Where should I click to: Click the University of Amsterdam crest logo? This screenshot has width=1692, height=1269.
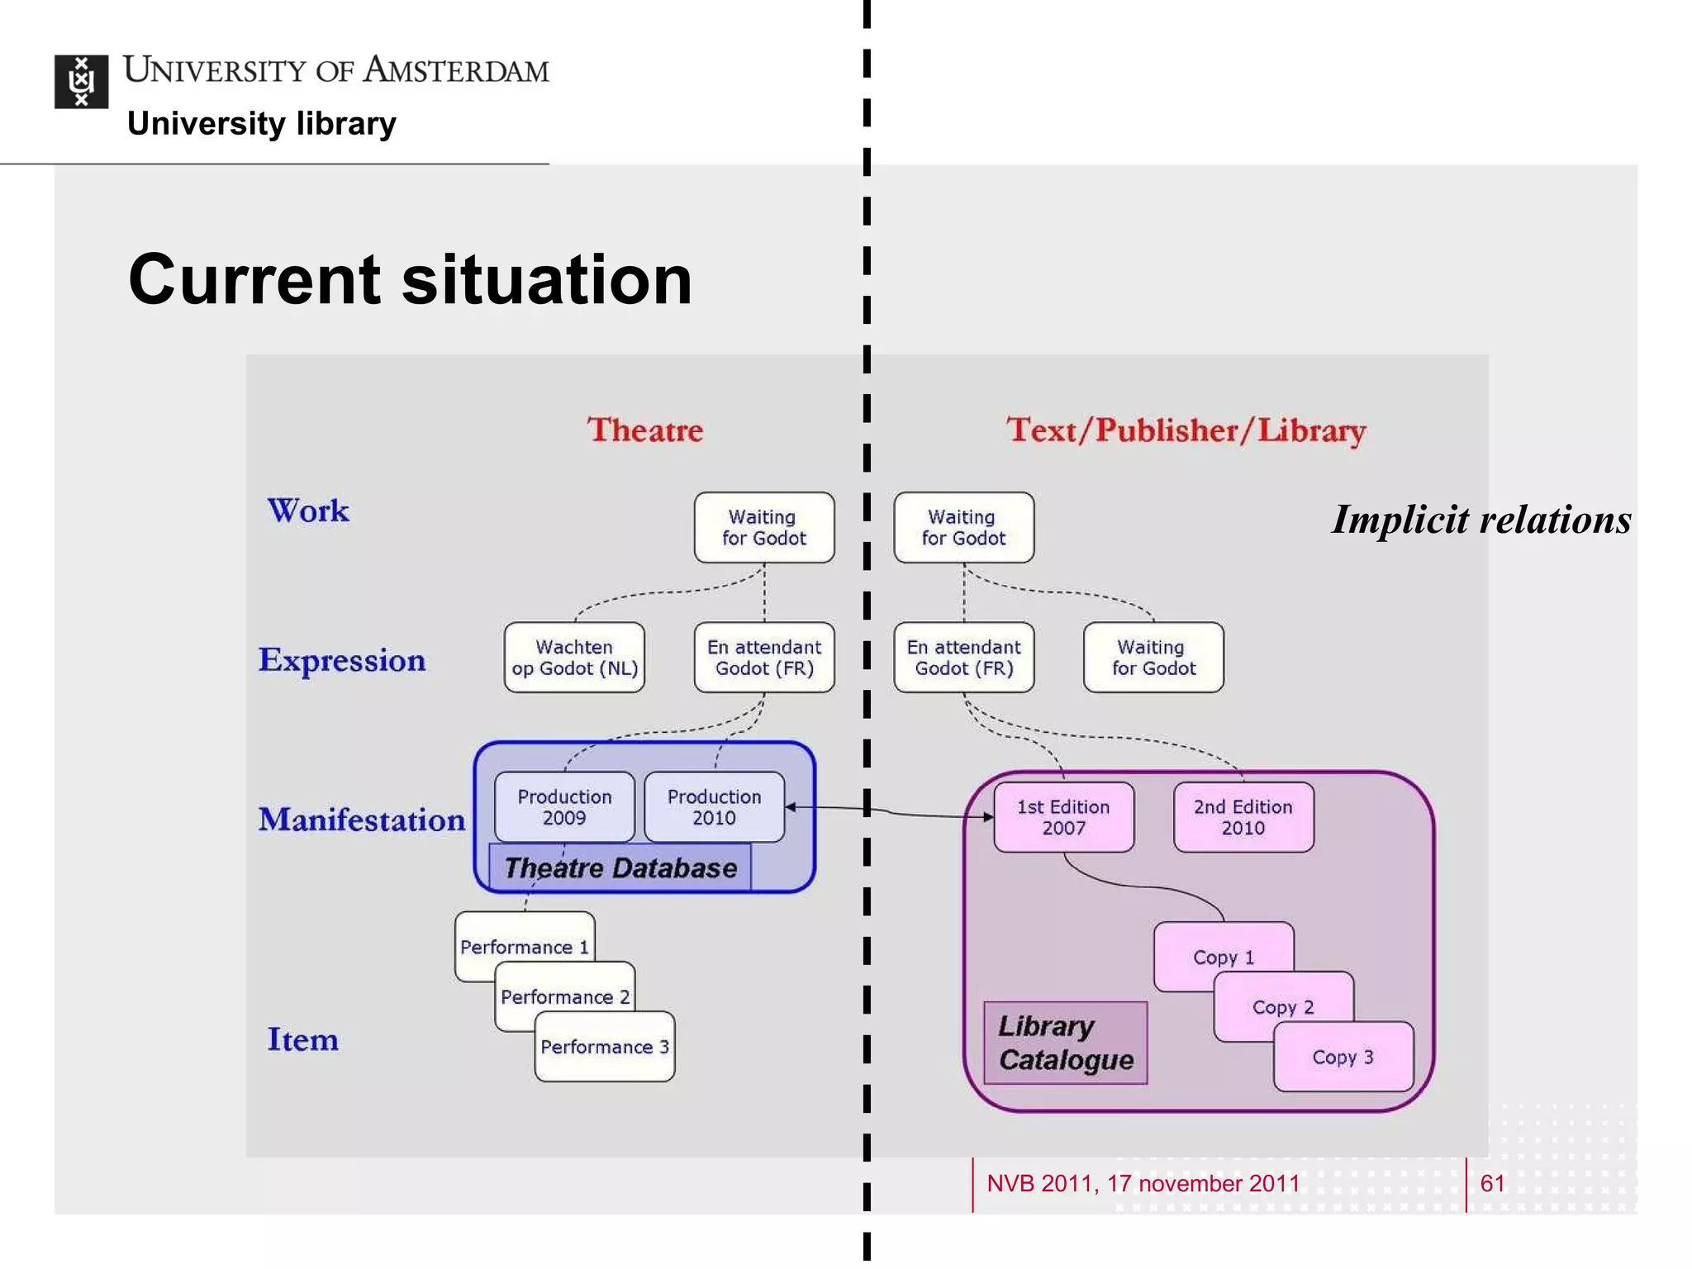point(81,82)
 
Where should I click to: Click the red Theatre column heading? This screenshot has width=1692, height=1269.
point(645,430)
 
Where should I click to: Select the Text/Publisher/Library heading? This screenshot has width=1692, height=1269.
point(1186,430)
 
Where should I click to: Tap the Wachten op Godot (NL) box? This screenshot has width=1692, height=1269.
point(574,658)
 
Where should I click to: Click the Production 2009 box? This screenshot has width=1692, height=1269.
point(564,807)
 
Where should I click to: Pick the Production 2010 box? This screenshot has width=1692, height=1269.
point(714,807)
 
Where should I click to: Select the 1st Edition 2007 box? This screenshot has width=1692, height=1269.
point(1063,817)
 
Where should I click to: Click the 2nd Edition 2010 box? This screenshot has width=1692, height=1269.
point(1243,817)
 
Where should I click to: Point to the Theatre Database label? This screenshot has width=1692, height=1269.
point(620,868)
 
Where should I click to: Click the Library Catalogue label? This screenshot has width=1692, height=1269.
point(1065,1043)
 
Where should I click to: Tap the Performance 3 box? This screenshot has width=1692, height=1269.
point(604,1048)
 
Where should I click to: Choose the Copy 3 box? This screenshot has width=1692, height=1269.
point(1343,1057)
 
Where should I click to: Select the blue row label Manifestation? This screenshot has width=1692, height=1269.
point(361,820)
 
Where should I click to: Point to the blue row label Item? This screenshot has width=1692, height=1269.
point(302,1039)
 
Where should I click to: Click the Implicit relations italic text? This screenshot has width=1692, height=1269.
point(1481,520)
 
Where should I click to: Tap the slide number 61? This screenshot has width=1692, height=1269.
point(1492,1183)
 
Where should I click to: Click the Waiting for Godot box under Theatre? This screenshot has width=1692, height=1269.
point(763,528)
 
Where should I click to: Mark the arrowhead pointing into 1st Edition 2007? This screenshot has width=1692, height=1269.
point(988,817)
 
